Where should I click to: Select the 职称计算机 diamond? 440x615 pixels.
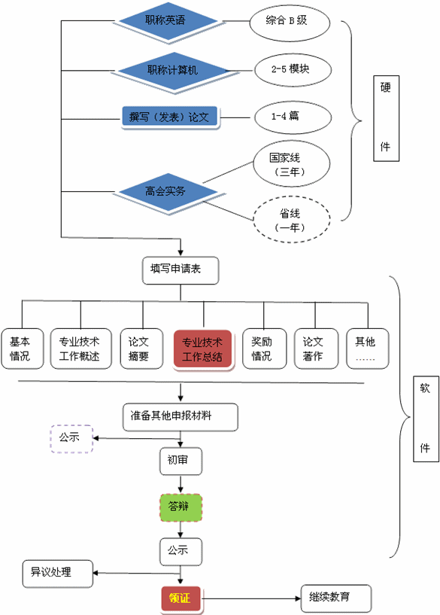tap(173, 70)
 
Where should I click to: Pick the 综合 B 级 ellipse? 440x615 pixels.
tap(287, 21)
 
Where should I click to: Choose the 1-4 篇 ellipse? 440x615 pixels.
tap(290, 117)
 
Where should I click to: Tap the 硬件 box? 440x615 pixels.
tap(385, 117)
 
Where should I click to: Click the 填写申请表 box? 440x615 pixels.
tap(181, 269)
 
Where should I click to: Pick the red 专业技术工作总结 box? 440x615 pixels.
tap(202, 349)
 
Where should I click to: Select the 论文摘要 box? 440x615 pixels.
tap(141, 349)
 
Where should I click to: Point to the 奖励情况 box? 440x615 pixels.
tap(263, 349)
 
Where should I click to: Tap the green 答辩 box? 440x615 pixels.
tap(181, 507)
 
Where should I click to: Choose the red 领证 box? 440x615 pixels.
tap(181, 599)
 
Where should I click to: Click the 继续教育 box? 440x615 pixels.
tap(335, 598)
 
